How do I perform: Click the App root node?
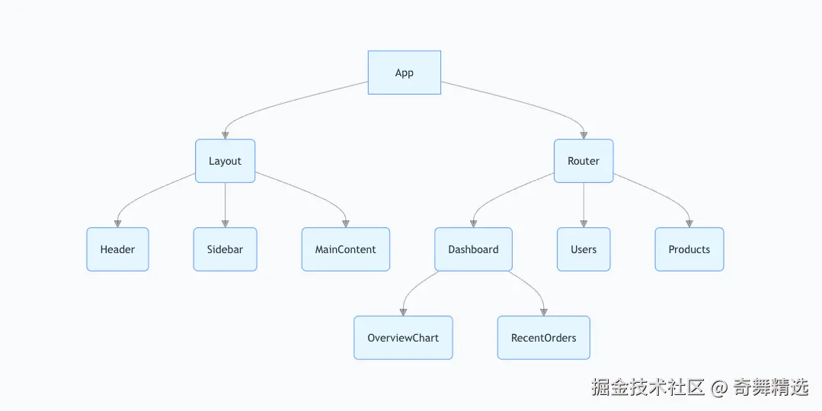404,72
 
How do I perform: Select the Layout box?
225,161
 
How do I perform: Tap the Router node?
584,161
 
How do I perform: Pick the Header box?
117,249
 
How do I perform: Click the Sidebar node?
225,249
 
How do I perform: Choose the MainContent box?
345,249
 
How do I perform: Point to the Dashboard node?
473,249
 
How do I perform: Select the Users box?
584,249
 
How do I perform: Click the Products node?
689,249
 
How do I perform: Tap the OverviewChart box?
403,338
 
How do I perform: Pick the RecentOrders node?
543,338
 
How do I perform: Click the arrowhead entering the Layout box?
225,135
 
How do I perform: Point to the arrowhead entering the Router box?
584,135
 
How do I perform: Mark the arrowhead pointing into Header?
117,223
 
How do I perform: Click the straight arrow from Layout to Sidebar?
225,202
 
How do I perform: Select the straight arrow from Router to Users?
584,202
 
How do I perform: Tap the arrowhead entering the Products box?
689,223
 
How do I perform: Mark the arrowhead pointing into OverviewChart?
403,312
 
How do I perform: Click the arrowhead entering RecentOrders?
543,312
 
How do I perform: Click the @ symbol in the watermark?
718,387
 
